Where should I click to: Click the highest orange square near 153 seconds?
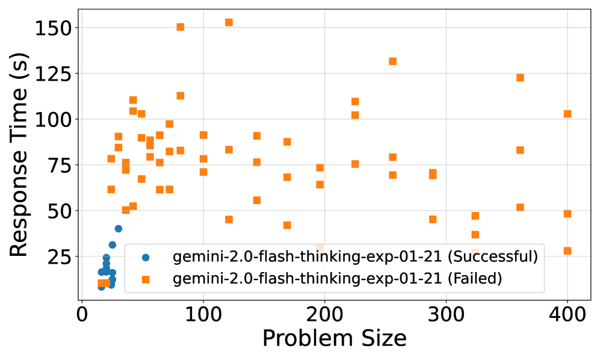[229, 22]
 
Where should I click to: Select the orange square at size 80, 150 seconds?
[180, 27]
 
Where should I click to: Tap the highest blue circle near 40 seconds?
[119, 229]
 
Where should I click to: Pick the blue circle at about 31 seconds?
[113, 244]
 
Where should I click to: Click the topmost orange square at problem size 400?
[567, 114]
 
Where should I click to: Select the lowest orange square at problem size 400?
[567, 251]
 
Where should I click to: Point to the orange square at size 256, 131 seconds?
[392, 61]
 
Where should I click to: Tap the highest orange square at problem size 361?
[520, 78]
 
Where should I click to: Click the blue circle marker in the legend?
[145, 258]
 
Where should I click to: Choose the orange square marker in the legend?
[145, 279]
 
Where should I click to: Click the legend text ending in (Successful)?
[355, 258]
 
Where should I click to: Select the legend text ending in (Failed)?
[338, 279]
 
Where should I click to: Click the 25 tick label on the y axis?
[60, 256]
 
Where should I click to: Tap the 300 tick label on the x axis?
[446, 314]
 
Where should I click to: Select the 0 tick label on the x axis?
[82, 314]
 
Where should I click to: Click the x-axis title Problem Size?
[334, 339]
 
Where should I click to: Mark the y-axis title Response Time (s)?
[19, 155]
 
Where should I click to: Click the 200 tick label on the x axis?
[324, 314]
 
